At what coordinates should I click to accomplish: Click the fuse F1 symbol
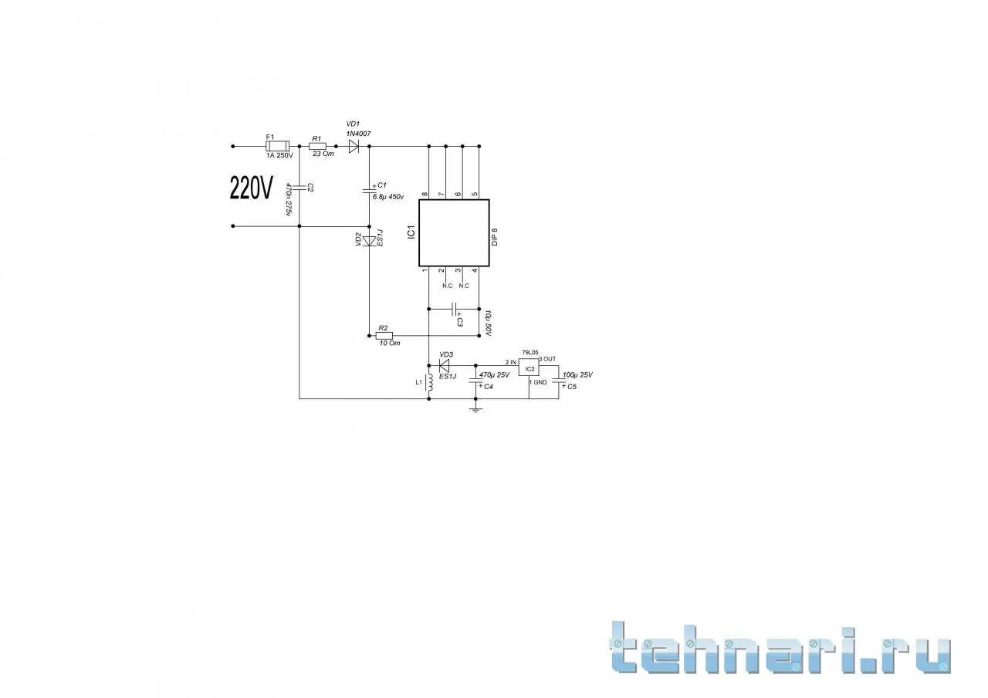pyautogui.click(x=276, y=145)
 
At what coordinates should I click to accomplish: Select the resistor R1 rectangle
pyautogui.click(x=317, y=145)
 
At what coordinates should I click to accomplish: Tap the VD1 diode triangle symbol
pyautogui.click(x=354, y=145)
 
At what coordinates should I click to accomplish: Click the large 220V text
pyautogui.click(x=252, y=188)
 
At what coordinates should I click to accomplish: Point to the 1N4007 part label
pyautogui.click(x=359, y=134)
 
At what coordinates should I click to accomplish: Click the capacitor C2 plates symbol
pyautogui.click(x=299, y=187)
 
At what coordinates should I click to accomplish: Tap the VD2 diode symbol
pyautogui.click(x=369, y=241)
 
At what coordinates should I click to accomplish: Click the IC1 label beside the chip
pyautogui.click(x=411, y=232)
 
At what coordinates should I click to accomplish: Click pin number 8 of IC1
pyautogui.click(x=425, y=194)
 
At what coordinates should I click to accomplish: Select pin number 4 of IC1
pyautogui.click(x=475, y=270)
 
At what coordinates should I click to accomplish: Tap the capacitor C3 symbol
pyautogui.click(x=454, y=308)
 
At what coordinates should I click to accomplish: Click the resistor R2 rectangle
pyautogui.click(x=384, y=336)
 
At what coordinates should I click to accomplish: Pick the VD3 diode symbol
pyautogui.click(x=445, y=365)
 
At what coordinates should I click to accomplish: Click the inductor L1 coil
pyautogui.click(x=428, y=385)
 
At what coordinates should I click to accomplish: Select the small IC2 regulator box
pyautogui.click(x=529, y=368)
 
